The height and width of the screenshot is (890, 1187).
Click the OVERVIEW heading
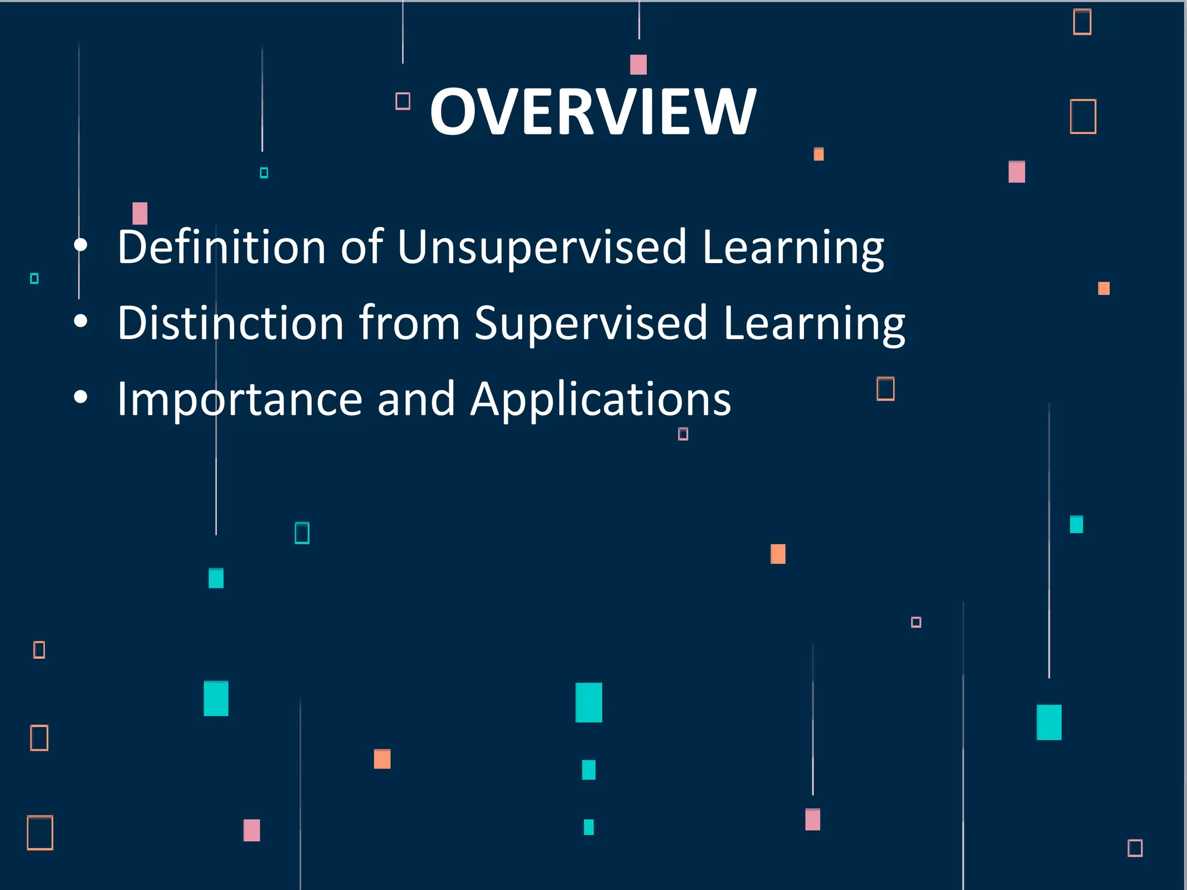593,112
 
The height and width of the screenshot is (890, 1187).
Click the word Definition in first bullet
221,247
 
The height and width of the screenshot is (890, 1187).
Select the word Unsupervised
541,247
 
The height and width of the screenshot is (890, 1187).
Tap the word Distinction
231,323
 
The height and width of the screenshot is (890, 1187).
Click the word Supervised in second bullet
591,323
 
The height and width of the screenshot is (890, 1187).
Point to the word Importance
239,399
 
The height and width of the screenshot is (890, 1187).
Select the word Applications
600,399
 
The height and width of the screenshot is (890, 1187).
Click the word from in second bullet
409,323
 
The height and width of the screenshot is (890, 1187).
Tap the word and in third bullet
416,399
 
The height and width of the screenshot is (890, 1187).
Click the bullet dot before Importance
81,397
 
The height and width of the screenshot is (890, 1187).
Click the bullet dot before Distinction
81,321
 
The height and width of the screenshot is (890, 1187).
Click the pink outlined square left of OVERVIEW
403,101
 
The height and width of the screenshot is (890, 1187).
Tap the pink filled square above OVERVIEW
638,64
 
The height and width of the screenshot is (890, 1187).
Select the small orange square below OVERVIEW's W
818,154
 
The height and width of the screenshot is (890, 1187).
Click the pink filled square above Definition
140,213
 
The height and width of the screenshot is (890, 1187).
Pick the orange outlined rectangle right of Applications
885,388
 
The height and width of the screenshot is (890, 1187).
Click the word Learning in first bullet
792,247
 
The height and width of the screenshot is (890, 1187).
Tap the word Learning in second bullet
814,323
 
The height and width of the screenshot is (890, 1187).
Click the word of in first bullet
362,247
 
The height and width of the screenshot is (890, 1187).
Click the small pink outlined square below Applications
683,433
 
